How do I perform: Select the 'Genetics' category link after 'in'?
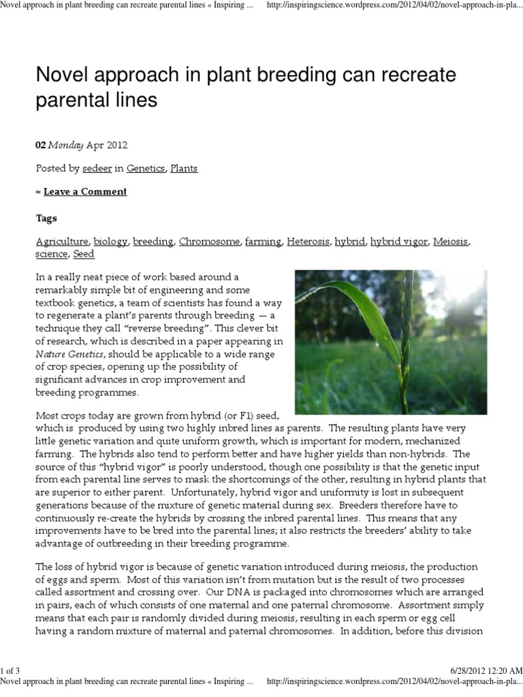click(x=146, y=168)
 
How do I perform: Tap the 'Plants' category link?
click(x=184, y=168)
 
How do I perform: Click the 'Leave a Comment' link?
click(x=85, y=191)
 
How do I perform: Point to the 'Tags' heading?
click(x=46, y=218)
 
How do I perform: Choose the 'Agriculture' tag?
click(x=62, y=242)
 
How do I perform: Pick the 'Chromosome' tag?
click(x=209, y=242)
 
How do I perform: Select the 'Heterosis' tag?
click(x=308, y=242)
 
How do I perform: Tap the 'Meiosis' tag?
click(x=451, y=242)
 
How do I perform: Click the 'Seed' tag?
click(x=83, y=254)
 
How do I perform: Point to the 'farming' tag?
click(x=263, y=242)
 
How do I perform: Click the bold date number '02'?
click(x=41, y=145)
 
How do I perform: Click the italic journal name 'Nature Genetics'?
click(x=69, y=355)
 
